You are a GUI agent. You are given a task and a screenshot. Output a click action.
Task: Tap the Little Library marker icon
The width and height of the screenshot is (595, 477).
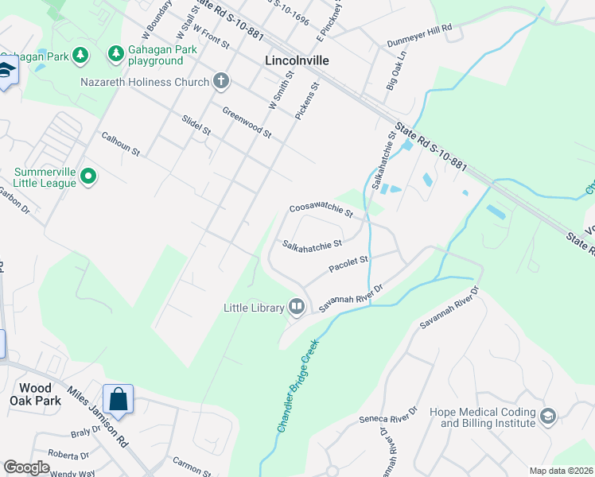click(297, 306)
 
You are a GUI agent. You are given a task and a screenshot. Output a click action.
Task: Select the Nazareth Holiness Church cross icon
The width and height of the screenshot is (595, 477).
click(221, 81)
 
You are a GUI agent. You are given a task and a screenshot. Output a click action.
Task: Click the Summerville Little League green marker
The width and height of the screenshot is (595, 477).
click(88, 176)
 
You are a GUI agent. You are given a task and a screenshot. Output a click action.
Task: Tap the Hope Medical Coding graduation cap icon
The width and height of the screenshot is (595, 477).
click(547, 417)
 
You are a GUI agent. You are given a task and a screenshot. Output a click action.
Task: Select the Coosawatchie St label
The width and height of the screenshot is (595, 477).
click(321, 210)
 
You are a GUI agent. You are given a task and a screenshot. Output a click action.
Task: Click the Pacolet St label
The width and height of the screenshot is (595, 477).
click(348, 261)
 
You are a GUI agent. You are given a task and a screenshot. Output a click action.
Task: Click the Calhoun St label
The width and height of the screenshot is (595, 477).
click(120, 143)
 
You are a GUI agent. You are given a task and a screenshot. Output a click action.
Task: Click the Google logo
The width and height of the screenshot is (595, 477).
click(26, 467)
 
